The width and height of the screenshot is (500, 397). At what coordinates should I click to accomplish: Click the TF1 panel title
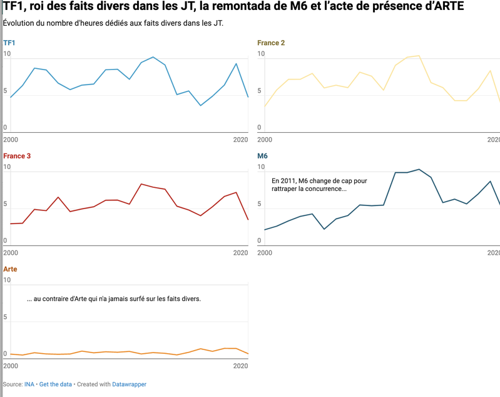[x=9, y=43]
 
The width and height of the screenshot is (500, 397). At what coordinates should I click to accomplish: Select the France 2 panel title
[x=271, y=43]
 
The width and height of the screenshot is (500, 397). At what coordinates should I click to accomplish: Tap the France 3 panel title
[x=17, y=156]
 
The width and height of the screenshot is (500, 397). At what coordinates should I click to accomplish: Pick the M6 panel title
[x=262, y=156]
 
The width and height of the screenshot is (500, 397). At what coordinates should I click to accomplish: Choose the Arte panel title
[x=10, y=269]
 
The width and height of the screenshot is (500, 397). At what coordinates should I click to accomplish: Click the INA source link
[x=29, y=384]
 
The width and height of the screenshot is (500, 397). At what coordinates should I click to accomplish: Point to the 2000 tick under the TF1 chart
[x=11, y=139]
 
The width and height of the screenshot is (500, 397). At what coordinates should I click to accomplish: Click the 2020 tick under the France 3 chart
[x=241, y=252]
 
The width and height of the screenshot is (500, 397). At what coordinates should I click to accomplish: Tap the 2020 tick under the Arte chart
[x=241, y=365]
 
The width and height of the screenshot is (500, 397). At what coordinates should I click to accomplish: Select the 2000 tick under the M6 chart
[x=265, y=252]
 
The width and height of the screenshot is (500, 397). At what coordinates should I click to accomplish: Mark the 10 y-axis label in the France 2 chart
[x=261, y=54]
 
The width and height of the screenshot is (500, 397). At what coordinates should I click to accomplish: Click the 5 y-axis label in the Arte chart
[x=6, y=317]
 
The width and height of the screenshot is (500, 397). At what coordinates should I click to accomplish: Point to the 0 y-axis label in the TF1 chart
[x=6, y=128]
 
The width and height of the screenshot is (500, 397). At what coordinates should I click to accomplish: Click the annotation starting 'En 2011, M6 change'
[x=319, y=185]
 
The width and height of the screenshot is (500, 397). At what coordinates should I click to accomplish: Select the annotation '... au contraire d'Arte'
[x=113, y=299]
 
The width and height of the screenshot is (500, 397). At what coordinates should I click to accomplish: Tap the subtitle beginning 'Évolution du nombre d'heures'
[x=113, y=24]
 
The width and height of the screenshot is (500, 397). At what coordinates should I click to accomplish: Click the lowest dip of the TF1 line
[x=201, y=105]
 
